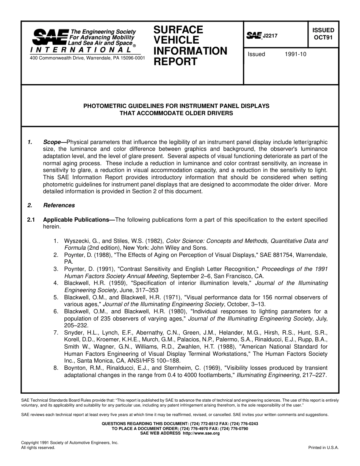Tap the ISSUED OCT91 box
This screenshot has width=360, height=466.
coord(323,34)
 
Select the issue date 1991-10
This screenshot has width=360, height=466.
coord(295,54)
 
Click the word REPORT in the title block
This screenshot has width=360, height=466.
coord(175,62)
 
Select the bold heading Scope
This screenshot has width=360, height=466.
coord(52,142)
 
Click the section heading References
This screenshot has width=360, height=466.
coord(59,205)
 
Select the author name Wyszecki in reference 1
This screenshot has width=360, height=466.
coord(78,241)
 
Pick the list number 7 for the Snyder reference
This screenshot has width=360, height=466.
coord(55,333)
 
